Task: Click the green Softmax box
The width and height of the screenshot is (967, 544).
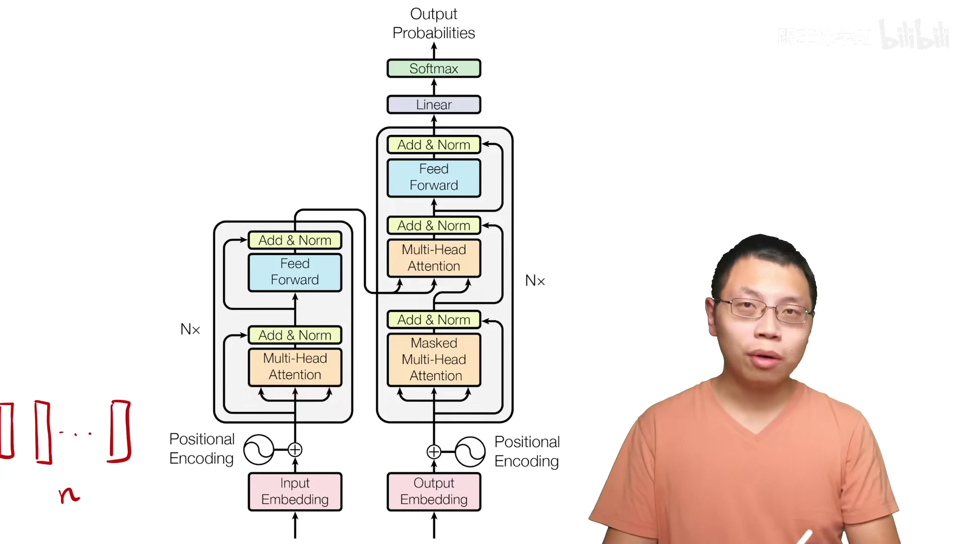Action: click(434, 69)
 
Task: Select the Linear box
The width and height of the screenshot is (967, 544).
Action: click(434, 105)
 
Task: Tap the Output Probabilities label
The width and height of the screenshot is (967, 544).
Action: click(434, 23)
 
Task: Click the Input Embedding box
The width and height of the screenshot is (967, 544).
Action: click(295, 492)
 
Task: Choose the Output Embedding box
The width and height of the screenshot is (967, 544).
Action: click(434, 492)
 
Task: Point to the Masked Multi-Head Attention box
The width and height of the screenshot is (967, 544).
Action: click(434, 360)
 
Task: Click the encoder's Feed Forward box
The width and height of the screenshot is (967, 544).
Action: click(295, 272)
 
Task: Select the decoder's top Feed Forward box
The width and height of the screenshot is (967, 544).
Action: click(434, 177)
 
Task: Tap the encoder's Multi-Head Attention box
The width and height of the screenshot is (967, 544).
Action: click(295, 367)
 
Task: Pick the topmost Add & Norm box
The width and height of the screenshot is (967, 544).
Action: click(434, 145)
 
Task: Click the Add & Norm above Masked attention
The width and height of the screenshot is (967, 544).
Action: click(434, 320)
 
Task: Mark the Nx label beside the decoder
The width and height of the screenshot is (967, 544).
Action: click(535, 281)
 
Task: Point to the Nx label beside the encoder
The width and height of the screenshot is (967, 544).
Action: click(190, 329)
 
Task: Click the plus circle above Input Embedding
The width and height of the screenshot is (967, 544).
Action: click(295, 449)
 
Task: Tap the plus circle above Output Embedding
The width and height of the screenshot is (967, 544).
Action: click(434, 452)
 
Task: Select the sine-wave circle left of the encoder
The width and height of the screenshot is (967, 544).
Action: click(259, 449)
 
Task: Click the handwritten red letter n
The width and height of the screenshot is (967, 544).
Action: click(68, 495)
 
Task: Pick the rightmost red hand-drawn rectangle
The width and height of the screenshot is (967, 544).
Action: click(120, 431)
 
